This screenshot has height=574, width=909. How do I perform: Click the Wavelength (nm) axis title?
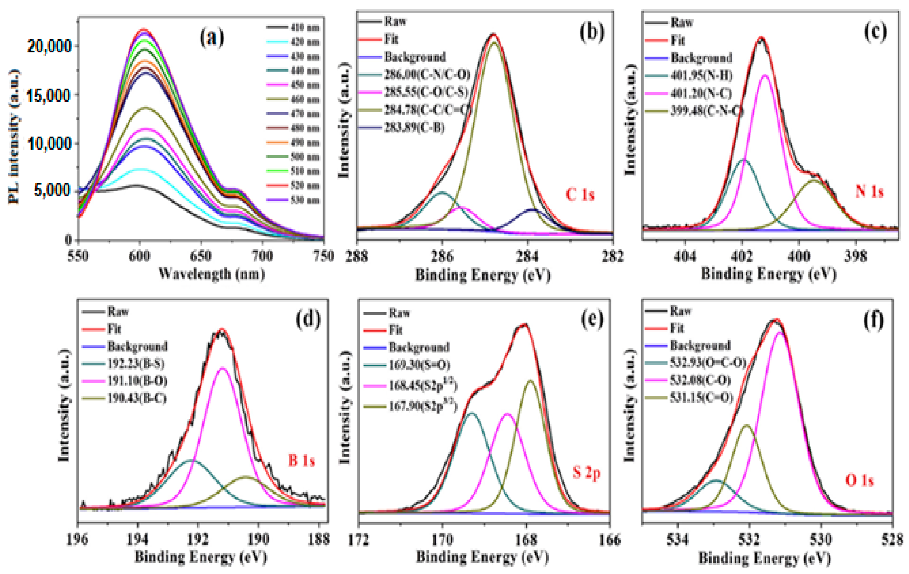point(211,273)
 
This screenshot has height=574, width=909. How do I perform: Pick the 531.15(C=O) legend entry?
point(701,397)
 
